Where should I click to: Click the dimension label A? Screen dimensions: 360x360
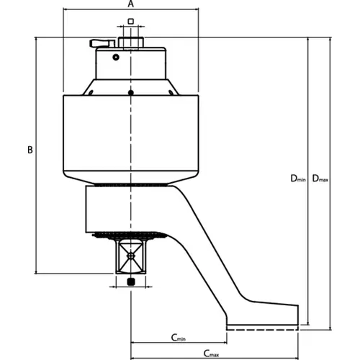coord(130,4)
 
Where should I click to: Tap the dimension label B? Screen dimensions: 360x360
coord(30,150)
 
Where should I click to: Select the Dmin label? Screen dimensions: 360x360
coord(298,179)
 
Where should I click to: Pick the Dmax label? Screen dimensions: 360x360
coord(320,179)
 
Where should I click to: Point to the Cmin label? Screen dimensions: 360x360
coord(179,338)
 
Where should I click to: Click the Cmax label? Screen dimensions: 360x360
coord(211,354)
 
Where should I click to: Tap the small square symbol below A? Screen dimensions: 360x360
coord(130,22)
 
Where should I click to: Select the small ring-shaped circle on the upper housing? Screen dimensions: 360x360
coord(116,58)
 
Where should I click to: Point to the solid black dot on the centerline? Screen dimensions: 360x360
coord(131,93)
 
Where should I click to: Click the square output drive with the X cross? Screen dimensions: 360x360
coord(130,256)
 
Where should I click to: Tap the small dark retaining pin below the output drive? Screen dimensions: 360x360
coord(131,282)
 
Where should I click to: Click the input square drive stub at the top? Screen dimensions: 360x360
coord(131,42)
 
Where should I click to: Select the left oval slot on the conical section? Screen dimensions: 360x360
coord(91,92)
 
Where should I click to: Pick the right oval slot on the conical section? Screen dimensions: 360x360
coord(171,92)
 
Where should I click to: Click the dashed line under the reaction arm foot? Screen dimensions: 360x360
coord(262,330)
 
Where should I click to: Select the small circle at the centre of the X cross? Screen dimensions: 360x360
coord(130,256)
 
